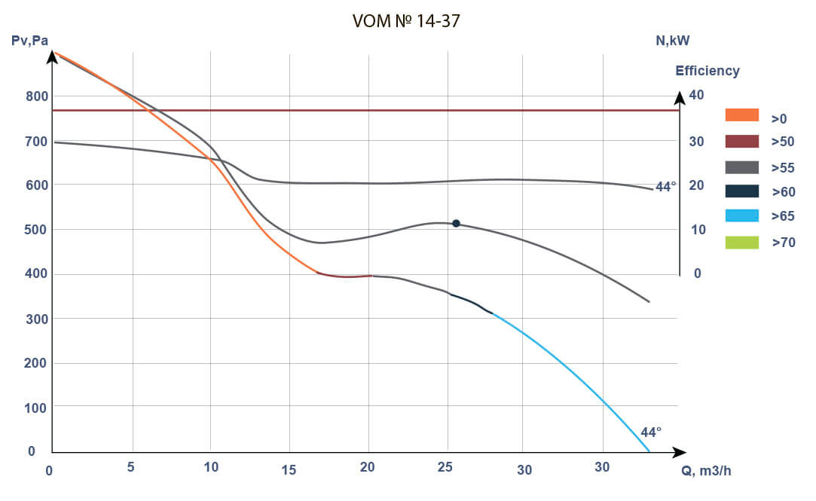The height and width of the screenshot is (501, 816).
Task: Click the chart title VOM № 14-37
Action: tap(406, 22)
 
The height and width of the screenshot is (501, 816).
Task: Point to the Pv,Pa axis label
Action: tap(30, 41)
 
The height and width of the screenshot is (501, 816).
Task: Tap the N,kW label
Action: tap(672, 41)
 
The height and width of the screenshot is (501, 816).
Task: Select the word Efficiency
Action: tap(707, 71)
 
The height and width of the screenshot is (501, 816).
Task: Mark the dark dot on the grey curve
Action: tap(456, 223)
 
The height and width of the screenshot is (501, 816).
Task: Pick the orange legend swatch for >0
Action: tap(741, 115)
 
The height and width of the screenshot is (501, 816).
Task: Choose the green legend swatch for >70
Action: tap(741, 242)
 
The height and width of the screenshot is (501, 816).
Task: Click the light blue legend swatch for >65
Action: tap(741, 216)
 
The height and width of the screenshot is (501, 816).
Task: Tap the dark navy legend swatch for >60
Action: tap(741, 191)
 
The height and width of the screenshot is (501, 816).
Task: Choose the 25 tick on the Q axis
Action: tap(445, 468)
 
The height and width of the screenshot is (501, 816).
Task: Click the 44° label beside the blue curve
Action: tap(650, 432)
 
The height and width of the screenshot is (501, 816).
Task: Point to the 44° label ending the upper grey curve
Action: tap(665, 186)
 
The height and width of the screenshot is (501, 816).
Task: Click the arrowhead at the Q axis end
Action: tap(680, 452)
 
